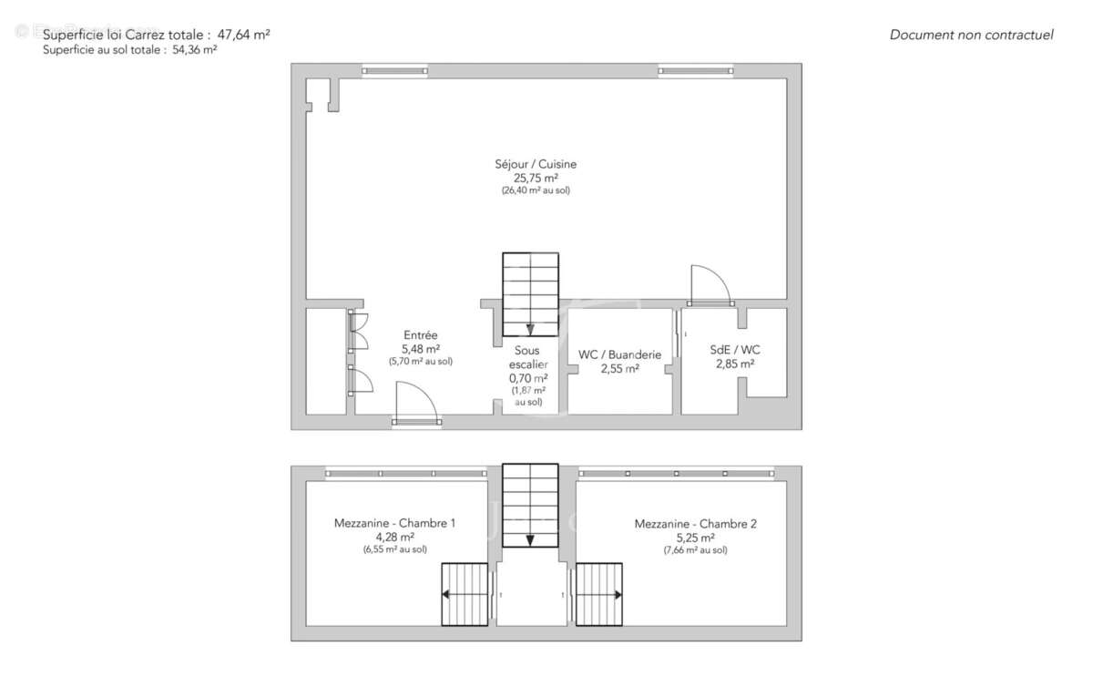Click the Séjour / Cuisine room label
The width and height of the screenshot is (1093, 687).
tap(536, 164)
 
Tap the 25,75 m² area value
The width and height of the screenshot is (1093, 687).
tap(536, 178)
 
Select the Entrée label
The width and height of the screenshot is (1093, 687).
tap(420, 335)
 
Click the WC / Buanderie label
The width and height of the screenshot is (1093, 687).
tap(619, 354)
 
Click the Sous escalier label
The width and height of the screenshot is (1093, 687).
tap(527, 357)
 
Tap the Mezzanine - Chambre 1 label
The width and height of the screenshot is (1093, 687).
tap(394, 523)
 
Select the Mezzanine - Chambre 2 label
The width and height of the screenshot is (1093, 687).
tap(695, 523)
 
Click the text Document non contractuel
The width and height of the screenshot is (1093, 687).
tap(971, 35)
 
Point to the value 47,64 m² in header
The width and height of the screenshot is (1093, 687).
tap(243, 35)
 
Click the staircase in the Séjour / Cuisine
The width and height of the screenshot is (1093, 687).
tap(530, 293)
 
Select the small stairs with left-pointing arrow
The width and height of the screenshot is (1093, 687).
tap(465, 594)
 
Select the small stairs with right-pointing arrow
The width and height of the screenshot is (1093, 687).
tap(598, 594)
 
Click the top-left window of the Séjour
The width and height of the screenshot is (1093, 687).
tap(393, 69)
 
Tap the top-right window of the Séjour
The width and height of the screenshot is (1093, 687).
tap(695, 69)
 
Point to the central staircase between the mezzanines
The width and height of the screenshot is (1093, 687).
tap(530, 505)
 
